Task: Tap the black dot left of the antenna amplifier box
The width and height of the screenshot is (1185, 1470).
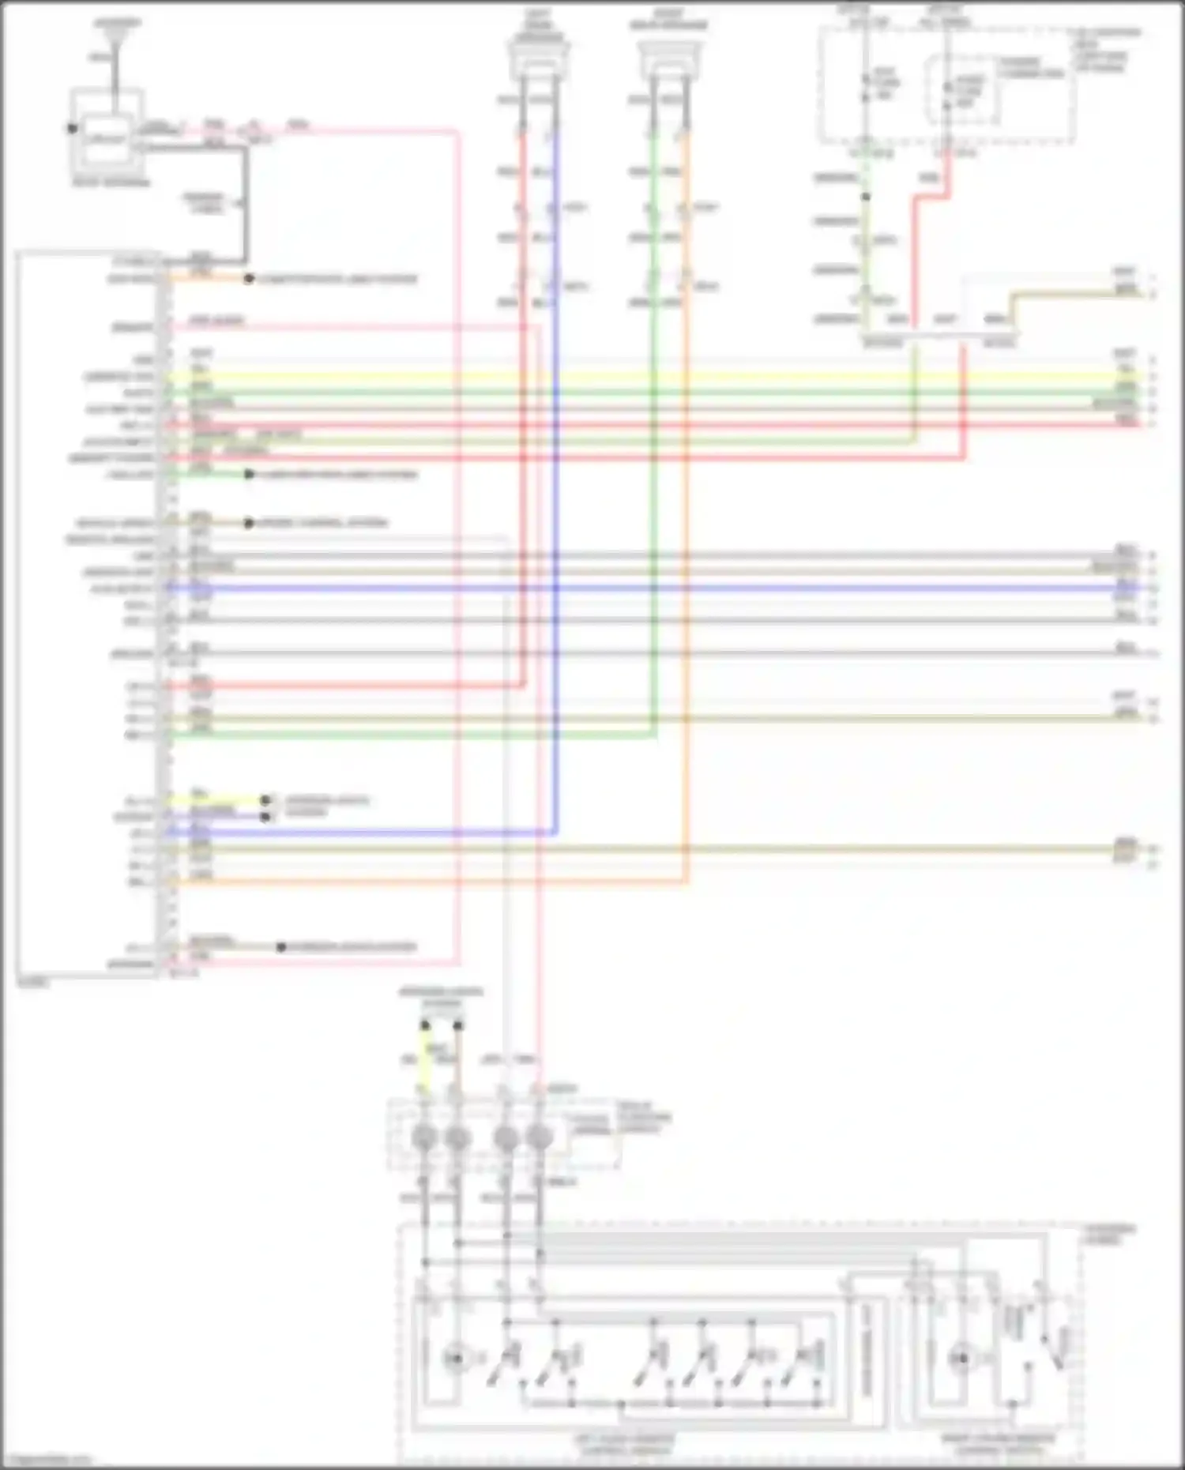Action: (x=72, y=128)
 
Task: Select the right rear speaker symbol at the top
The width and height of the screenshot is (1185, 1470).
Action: (x=668, y=58)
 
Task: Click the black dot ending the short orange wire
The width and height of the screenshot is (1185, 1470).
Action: (x=249, y=279)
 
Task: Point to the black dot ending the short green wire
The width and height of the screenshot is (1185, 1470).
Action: (x=249, y=474)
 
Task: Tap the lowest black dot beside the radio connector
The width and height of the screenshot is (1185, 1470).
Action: (x=281, y=946)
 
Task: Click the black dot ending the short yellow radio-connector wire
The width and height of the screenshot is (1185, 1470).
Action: (x=266, y=800)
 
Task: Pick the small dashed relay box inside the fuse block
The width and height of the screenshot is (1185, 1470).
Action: (x=961, y=89)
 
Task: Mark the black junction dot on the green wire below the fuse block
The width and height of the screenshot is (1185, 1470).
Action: (x=866, y=197)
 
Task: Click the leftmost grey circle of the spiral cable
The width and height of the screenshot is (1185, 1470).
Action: (x=424, y=1138)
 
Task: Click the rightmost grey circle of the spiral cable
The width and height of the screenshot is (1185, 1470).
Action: (x=540, y=1138)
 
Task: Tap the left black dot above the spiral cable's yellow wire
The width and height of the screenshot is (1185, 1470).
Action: (x=425, y=1025)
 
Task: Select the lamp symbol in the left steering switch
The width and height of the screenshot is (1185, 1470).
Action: (x=455, y=1359)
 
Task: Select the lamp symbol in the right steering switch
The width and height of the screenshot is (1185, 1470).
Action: (x=961, y=1359)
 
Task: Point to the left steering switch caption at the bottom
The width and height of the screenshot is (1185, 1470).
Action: (x=624, y=1445)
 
